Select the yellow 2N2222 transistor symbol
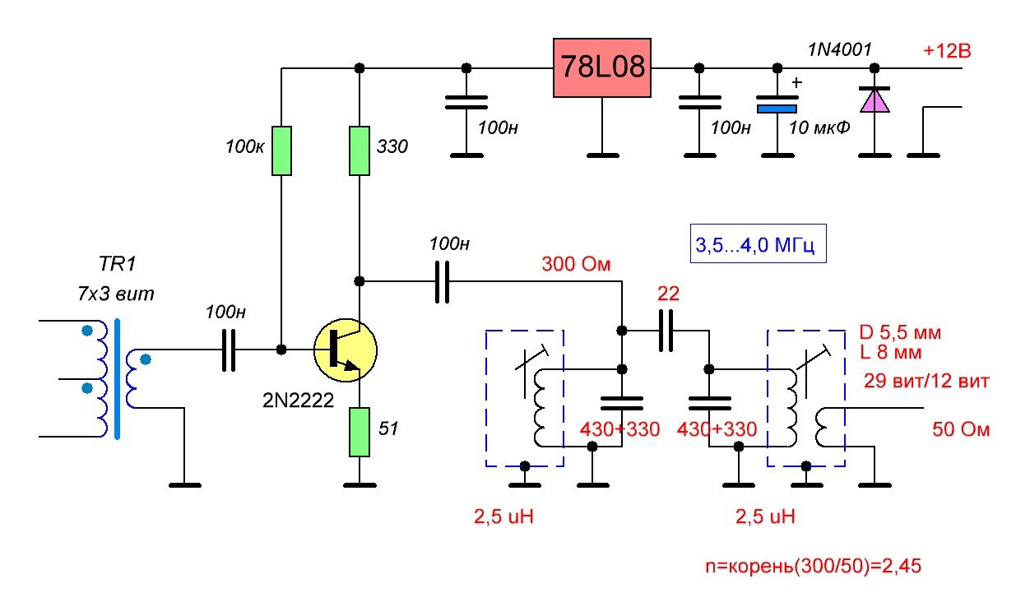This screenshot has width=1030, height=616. tap(345, 349)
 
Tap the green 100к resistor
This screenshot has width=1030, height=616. tap(281, 151)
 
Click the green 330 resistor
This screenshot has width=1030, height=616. tap(359, 151)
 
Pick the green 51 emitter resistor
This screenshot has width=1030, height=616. tap(359, 431)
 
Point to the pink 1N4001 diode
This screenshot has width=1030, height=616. tap(874, 100)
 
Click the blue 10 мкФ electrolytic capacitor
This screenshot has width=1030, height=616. tap(776, 107)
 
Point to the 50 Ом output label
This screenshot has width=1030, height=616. tap(960, 429)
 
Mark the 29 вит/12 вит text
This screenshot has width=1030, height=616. tap(925, 382)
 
